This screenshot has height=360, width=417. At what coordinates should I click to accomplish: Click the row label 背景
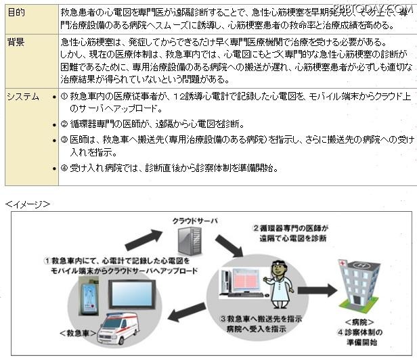[x=17, y=43]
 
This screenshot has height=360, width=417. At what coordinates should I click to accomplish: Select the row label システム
[x=23, y=97]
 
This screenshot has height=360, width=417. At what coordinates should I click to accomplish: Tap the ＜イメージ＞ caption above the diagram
[x=28, y=202]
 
